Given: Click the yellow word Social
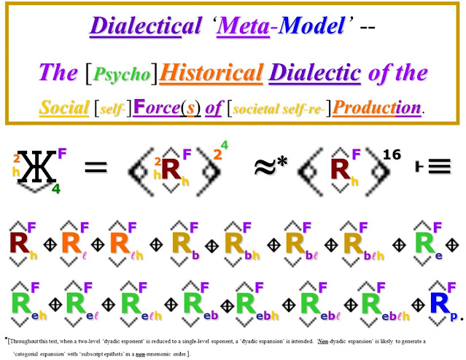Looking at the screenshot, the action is click(x=65, y=106).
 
